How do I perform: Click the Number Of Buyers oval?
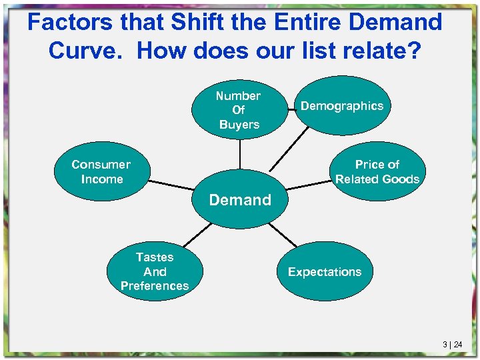[239, 109]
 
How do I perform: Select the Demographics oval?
[341, 106]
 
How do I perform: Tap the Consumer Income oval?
[101, 172]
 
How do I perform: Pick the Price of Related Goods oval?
[377, 172]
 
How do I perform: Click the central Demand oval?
[240, 199]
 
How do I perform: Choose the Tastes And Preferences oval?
[155, 271]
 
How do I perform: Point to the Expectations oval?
[325, 271]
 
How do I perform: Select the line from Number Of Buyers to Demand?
[239, 160]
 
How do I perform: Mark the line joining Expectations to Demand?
[283, 233]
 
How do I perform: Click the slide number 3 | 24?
[452, 344]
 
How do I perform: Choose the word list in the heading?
[315, 51]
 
